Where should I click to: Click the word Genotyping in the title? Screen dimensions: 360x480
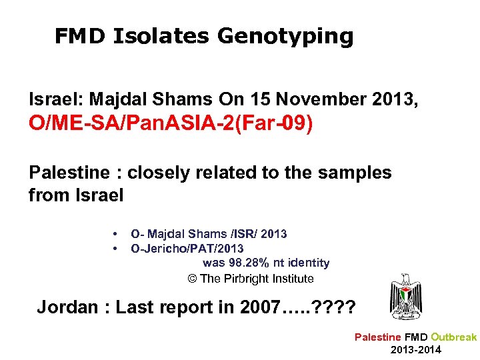click(285, 37)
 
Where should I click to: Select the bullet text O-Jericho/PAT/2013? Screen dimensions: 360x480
click(187, 249)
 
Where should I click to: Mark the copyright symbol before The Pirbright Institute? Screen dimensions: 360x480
click(193, 279)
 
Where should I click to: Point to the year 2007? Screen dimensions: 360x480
click(255, 308)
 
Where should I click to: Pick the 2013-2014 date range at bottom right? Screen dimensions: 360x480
click(416, 350)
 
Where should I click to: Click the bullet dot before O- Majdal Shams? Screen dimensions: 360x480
click(115, 234)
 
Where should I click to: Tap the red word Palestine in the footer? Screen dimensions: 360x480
click(378, 337)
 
